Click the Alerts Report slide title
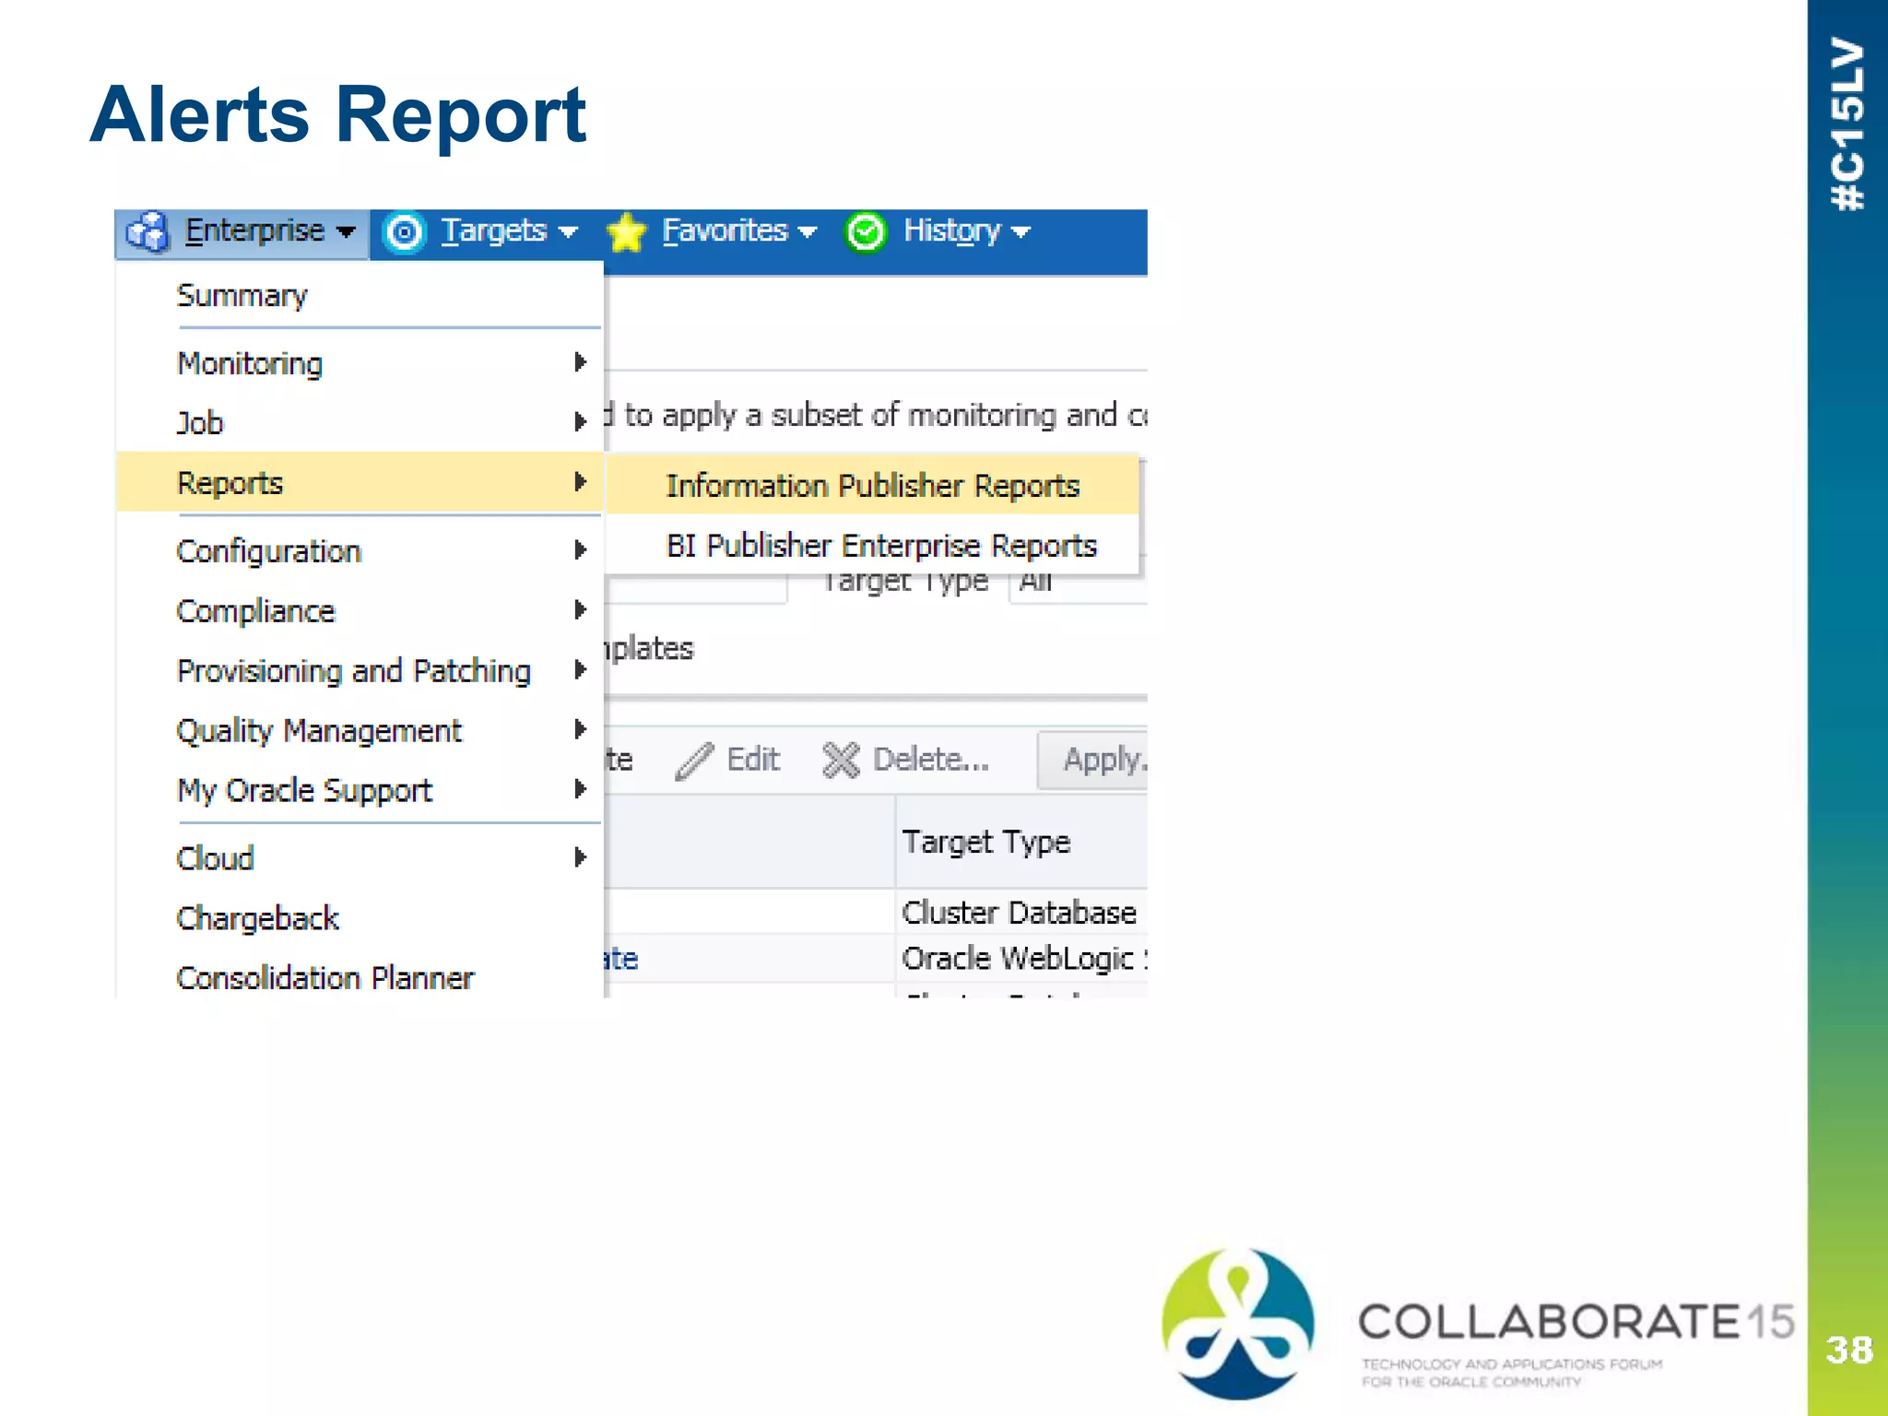pyautogui.click(x=337, y=114)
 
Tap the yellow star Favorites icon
pyautogui.click(x=627, y=232)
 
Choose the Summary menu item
pyautogui.click(x=242, y=296)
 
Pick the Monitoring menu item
pyautogui.click(x=250, y=364)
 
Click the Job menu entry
pyautogui.click(x=200, y=423)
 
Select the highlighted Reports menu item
pyautogui.click(x=230, y=483)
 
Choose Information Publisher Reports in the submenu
pyautogui.click(x=872, y=486)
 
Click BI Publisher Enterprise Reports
pyautogui.click(x=881, y=546)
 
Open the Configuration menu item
pyautogui.click(x=268, y=551)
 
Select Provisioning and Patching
pyautogui.click(x=353, y=671)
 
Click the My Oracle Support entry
pyautogui.click(x=304, y=791)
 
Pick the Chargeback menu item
pyautogui.click(x=257, y=918)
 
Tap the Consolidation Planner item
pyautogui.click(x=324, y=977)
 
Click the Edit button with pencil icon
pyautogui.click(x=728, y=760)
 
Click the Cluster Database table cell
pyautogui.click(x=1019, y=913)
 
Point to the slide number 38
pyautogui.click(x=1848, y=1351)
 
